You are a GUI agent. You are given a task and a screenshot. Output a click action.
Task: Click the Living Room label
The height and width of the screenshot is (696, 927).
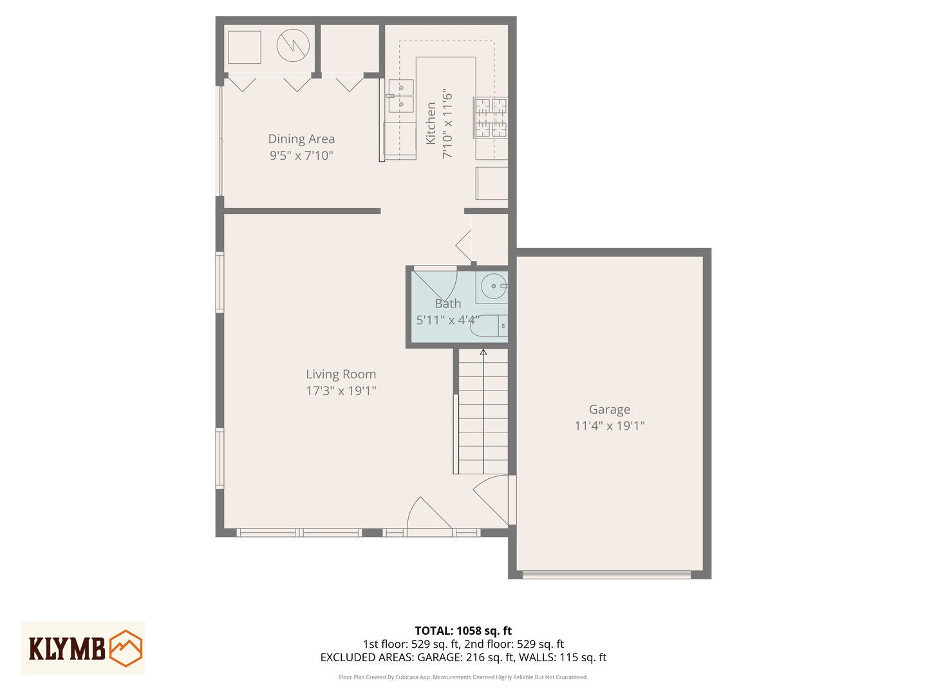341,374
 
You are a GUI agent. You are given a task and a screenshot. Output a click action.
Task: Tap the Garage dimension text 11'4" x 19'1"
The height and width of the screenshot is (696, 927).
609,425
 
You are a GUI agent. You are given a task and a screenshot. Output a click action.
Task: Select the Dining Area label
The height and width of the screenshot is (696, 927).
301,139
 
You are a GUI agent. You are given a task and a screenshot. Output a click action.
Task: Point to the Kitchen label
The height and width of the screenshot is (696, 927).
431,123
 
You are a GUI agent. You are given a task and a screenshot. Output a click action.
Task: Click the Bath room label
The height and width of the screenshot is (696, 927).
447,304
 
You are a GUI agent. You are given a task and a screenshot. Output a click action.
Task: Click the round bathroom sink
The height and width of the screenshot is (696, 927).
493,285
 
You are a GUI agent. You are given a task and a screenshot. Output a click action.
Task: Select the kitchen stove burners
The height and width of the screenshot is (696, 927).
491,117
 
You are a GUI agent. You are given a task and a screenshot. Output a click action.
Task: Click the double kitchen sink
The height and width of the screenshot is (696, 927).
400,95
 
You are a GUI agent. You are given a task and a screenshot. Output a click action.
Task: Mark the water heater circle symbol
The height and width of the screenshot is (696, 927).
293,45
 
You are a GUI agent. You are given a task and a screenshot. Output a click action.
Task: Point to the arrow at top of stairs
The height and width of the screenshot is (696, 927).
483,352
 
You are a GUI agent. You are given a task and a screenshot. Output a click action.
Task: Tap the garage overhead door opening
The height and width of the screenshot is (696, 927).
606,574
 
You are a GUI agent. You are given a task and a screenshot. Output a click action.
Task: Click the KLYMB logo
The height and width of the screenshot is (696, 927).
83,648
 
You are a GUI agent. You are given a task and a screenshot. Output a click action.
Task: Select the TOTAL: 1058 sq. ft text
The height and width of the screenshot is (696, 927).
463,631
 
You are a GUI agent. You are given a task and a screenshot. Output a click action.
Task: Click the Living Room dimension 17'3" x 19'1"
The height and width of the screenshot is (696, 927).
341,391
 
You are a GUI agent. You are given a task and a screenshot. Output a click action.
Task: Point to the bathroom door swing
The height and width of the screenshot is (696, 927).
435,284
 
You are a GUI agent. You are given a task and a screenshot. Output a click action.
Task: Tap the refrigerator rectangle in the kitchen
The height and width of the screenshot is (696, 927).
492,183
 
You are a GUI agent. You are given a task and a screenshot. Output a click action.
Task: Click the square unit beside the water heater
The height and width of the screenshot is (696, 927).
244,47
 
